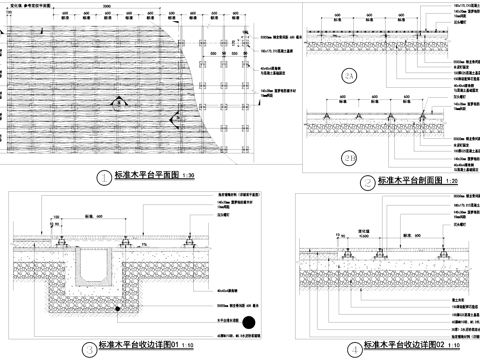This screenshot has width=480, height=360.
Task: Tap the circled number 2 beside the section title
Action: tap(367, 182)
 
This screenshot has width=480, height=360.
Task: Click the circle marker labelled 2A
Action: tap(349, 76)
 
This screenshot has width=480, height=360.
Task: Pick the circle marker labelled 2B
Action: tap(349, 157)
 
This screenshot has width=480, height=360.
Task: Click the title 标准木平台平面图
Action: tap(147, 176)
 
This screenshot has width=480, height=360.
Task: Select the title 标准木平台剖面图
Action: tap(412, 182)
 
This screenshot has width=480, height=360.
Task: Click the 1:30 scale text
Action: tap(191, 178)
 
